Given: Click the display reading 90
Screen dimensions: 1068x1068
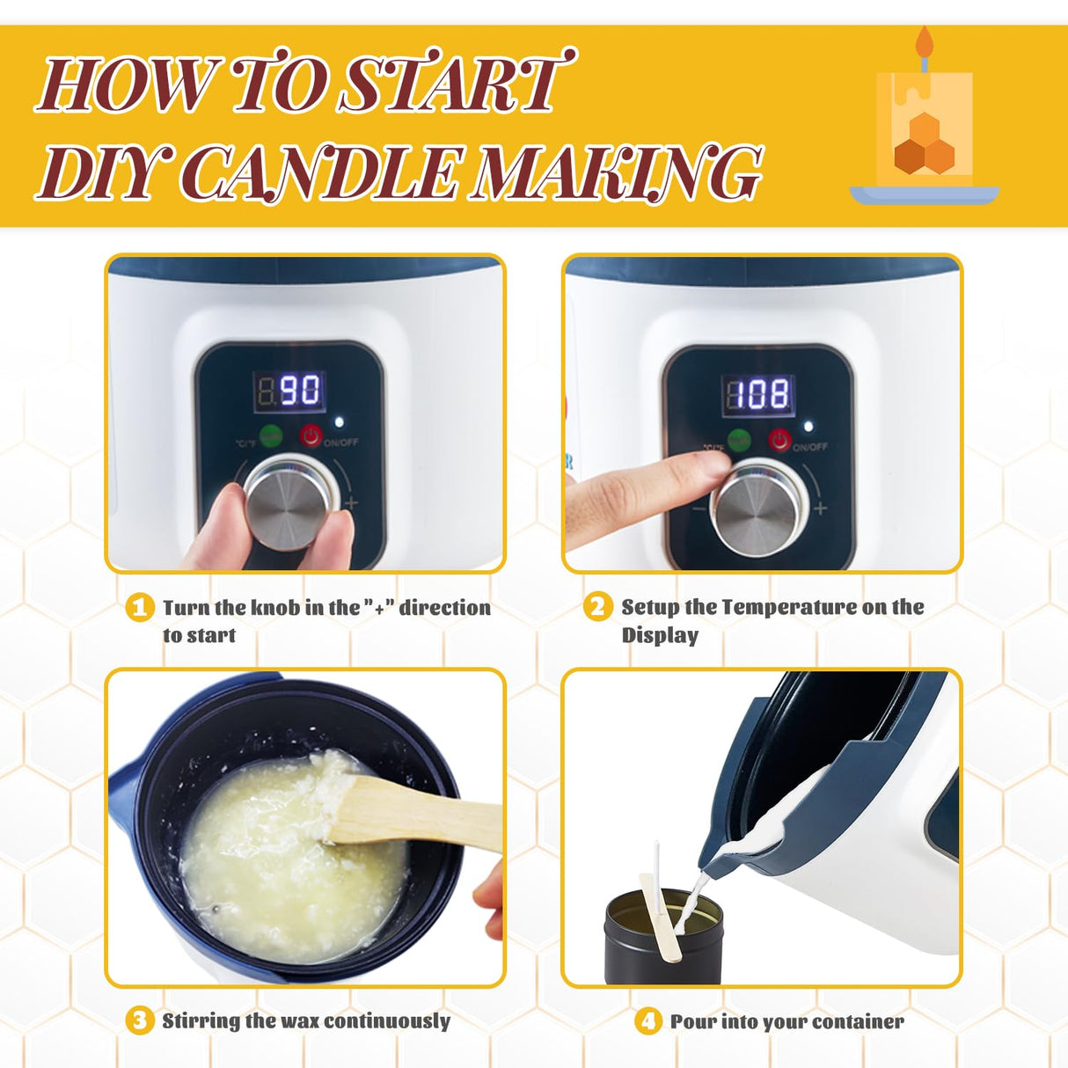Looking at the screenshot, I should (289, 390).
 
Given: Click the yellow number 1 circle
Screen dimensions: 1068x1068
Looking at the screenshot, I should (140, 608).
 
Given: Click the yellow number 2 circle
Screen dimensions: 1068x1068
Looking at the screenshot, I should (597, 607).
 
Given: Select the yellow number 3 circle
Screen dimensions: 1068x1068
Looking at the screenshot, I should (139, 1020).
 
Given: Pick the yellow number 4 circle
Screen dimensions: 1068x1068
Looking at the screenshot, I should (648, 1021).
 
